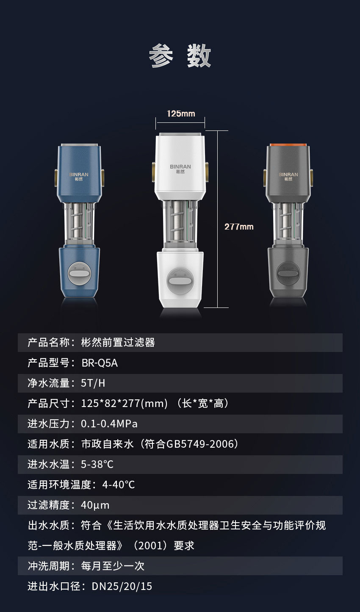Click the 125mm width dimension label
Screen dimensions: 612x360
[181, 114]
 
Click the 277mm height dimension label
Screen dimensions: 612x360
[239, 227]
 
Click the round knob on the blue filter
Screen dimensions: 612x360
[79, 273]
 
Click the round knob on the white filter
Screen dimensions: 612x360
[180, 281]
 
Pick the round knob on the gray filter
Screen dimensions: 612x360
[288, 273]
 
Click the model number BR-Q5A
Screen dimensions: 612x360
[99, 363]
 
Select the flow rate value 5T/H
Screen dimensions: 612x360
[93, 383]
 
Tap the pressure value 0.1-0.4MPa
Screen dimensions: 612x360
[109, 424]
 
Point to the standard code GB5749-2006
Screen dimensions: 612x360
[199, 444]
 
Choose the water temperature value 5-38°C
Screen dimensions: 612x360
[97, 465]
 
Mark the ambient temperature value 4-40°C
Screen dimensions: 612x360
[119, 485]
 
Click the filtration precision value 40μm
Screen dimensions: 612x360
[95, 505]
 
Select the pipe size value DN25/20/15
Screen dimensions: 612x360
[122, 587]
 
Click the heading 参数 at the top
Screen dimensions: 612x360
[180, 55]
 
